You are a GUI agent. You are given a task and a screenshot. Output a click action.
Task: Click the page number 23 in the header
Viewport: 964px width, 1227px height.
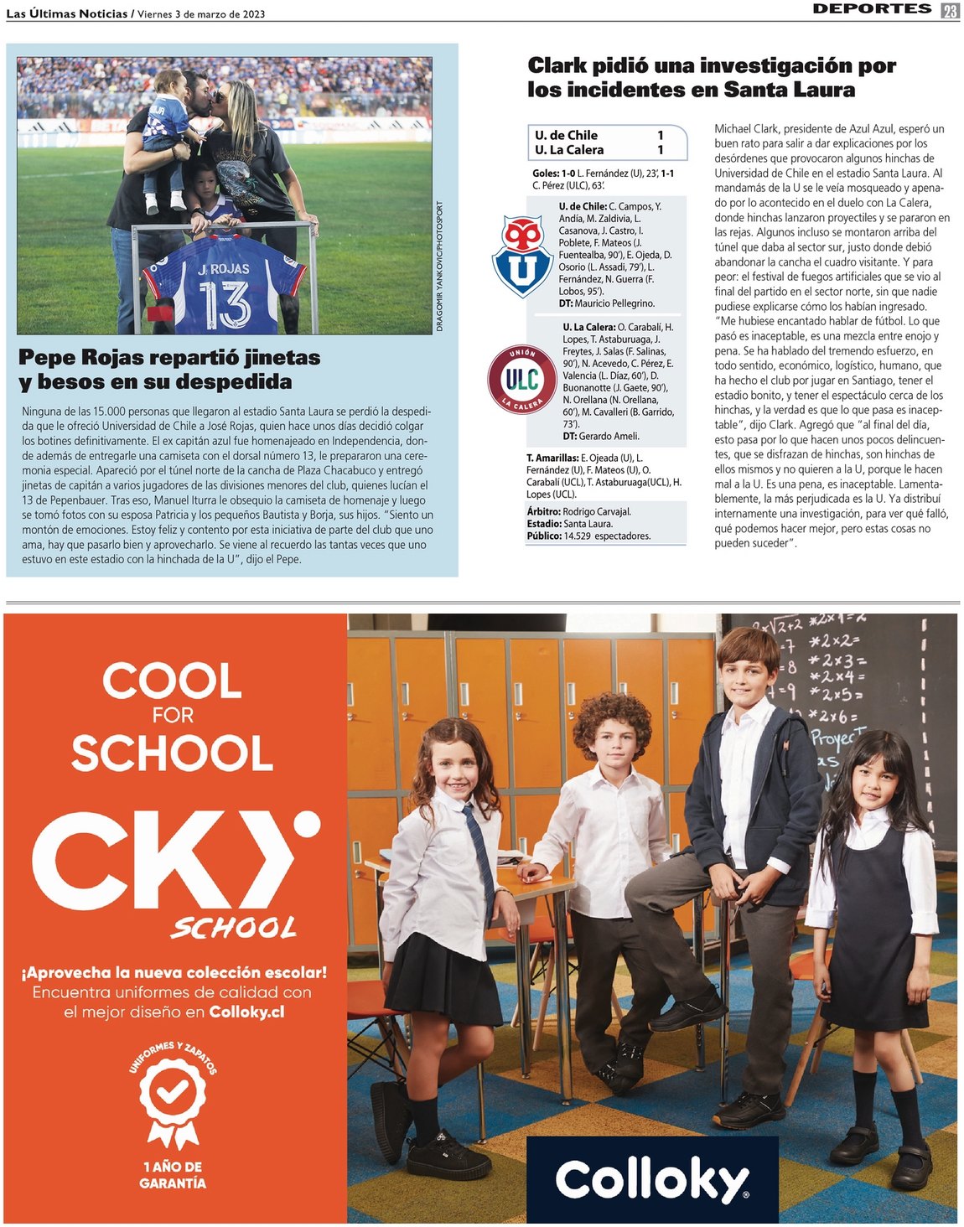pos(950,10)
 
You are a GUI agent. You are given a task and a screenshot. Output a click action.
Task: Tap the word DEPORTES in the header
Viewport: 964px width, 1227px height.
pos(872,8)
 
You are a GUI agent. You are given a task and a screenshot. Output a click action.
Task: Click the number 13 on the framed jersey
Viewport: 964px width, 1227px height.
pos(224,303)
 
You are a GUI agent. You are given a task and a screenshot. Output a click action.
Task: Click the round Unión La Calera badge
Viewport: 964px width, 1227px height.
pos(522,379)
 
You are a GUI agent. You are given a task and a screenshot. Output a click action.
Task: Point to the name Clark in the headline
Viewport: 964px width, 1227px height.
pos(557,65)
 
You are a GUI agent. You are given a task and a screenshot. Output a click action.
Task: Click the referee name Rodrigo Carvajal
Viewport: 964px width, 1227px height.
pos(597,511)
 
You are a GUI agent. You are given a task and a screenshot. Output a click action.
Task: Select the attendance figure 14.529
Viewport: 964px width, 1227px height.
pos(578,536)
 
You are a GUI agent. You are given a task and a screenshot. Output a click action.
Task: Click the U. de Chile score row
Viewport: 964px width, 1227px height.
pos(599,135)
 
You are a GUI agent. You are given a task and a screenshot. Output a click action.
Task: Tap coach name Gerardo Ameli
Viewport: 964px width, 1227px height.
pos(609,436)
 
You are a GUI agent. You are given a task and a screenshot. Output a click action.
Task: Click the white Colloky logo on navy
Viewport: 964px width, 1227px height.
pos(651,1179)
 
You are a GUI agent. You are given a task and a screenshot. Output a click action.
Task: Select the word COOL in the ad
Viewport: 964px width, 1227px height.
pos(172,681)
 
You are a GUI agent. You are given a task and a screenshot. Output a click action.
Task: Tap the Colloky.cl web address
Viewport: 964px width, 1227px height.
pos(246,1012)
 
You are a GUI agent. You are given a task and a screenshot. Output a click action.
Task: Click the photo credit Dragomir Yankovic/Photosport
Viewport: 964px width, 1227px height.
pos(439,267)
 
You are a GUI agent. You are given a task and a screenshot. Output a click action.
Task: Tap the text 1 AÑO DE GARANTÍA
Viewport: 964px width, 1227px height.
pos(173,1174)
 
